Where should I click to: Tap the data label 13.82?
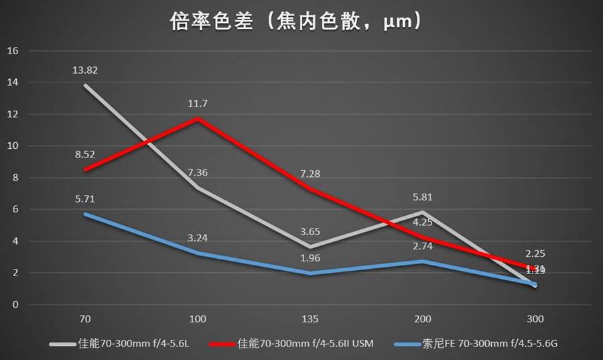click(85, 70)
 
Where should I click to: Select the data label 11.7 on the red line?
click(198, 103)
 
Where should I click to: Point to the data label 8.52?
click(85, 154)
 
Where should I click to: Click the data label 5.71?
click(85, 198)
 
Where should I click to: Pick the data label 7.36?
click(198, 172)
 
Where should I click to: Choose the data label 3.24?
click(198, 237)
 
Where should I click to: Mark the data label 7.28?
click(310, 174)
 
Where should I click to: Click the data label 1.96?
click(310, 258)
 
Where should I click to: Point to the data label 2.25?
click(535, 253)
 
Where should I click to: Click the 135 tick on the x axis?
click(310, 319)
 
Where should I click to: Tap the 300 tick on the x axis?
click(535, 319)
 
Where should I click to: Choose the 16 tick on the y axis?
click(13, 51)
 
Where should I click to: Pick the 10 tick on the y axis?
click(13, 146)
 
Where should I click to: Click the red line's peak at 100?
click(198, 119)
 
